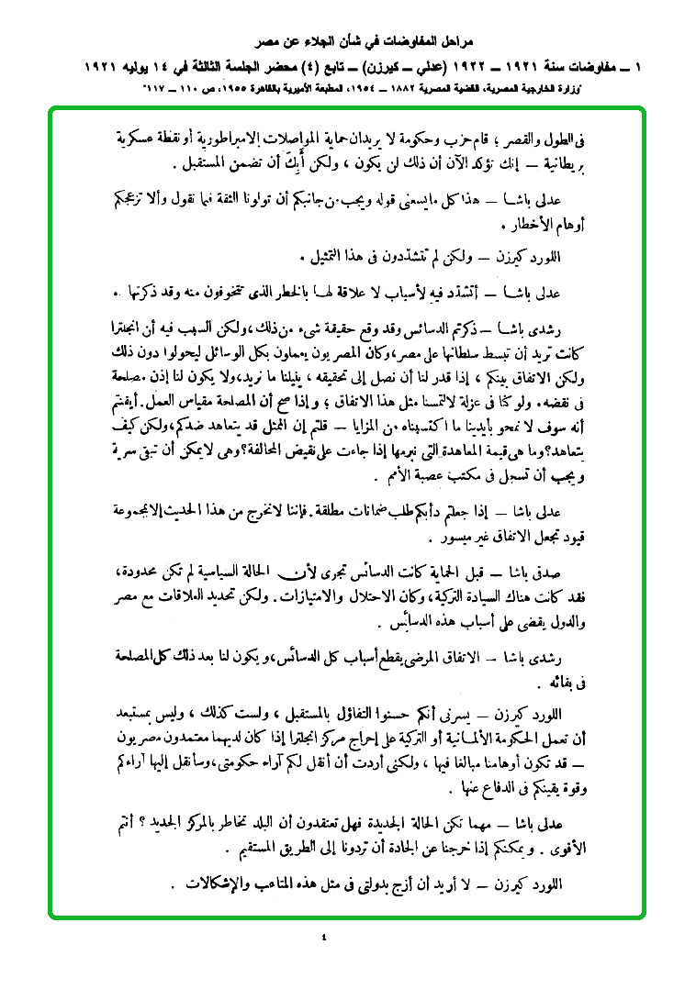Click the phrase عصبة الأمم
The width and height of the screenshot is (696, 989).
coord(408,478)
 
